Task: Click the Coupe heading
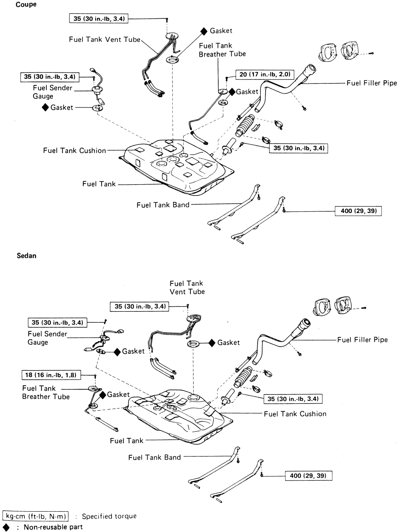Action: (x=26, y=5)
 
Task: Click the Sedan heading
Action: (x=26, y=256)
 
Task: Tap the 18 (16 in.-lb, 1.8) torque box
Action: (x=50, y=375)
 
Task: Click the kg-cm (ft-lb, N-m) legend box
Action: (x=36, y=516)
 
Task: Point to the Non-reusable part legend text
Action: (x=53, y=527)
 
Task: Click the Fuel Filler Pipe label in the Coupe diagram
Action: (x=372, y=83)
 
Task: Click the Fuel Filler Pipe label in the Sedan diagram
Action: (x=362, y=340)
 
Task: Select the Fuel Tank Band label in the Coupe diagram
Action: (x=163, y=205)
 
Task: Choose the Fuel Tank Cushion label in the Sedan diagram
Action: (x=295, y=414)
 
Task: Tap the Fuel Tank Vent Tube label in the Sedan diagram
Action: (x=187, y=287)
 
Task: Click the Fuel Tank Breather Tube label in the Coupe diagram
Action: (x=222, y=50)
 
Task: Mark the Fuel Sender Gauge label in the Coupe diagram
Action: (x=52, y=92)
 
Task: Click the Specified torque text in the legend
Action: (x=109, y=516)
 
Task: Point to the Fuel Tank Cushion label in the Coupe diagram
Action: (x=74, y=151)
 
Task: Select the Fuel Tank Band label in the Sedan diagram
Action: (x=154, y=457)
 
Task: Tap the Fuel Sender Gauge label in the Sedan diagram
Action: (x=47, y=338)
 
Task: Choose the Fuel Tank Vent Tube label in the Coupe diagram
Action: (x=104, y=40)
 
